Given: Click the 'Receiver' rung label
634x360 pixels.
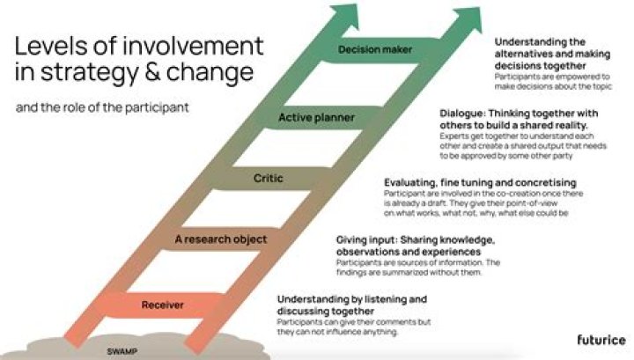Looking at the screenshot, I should pos(162,305).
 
